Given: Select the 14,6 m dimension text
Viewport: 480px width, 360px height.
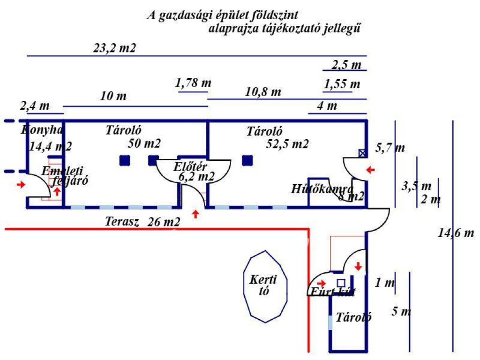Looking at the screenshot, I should pyautogui.click(x=456, y=232).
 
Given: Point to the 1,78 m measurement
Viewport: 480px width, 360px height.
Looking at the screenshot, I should pyautogui.click(x=193, y=83).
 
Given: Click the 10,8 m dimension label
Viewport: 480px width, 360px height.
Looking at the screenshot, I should pyautogui.click(x=263, y=92).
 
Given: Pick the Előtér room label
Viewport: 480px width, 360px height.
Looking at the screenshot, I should pyautogui.click(x=190, y=166).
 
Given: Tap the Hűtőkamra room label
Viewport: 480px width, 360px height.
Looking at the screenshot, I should pyautogui.click(x=322, y=189).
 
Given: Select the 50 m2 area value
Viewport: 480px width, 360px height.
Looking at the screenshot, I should pyautogui.click(x=144, y=144).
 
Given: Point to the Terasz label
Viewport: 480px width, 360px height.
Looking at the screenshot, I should pyautogui.click(x=122, y=222).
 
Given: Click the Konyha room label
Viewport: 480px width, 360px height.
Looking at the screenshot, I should pyautogui.click(x=42, y=130).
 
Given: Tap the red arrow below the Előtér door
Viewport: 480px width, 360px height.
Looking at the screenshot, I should pyautogui.click(x=195, y=215).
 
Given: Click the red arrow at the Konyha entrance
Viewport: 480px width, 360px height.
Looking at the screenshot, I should pyautogui.click(x=21, y=185).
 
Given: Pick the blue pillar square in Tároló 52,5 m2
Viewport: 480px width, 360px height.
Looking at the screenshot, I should pyautogui.click(x=247, y=161).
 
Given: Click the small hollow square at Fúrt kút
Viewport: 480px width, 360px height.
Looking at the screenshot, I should pyautogui.click(x=341, y=283).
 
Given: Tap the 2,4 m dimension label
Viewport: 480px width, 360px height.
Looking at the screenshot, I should pyautogui.click(x=35, y=105).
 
